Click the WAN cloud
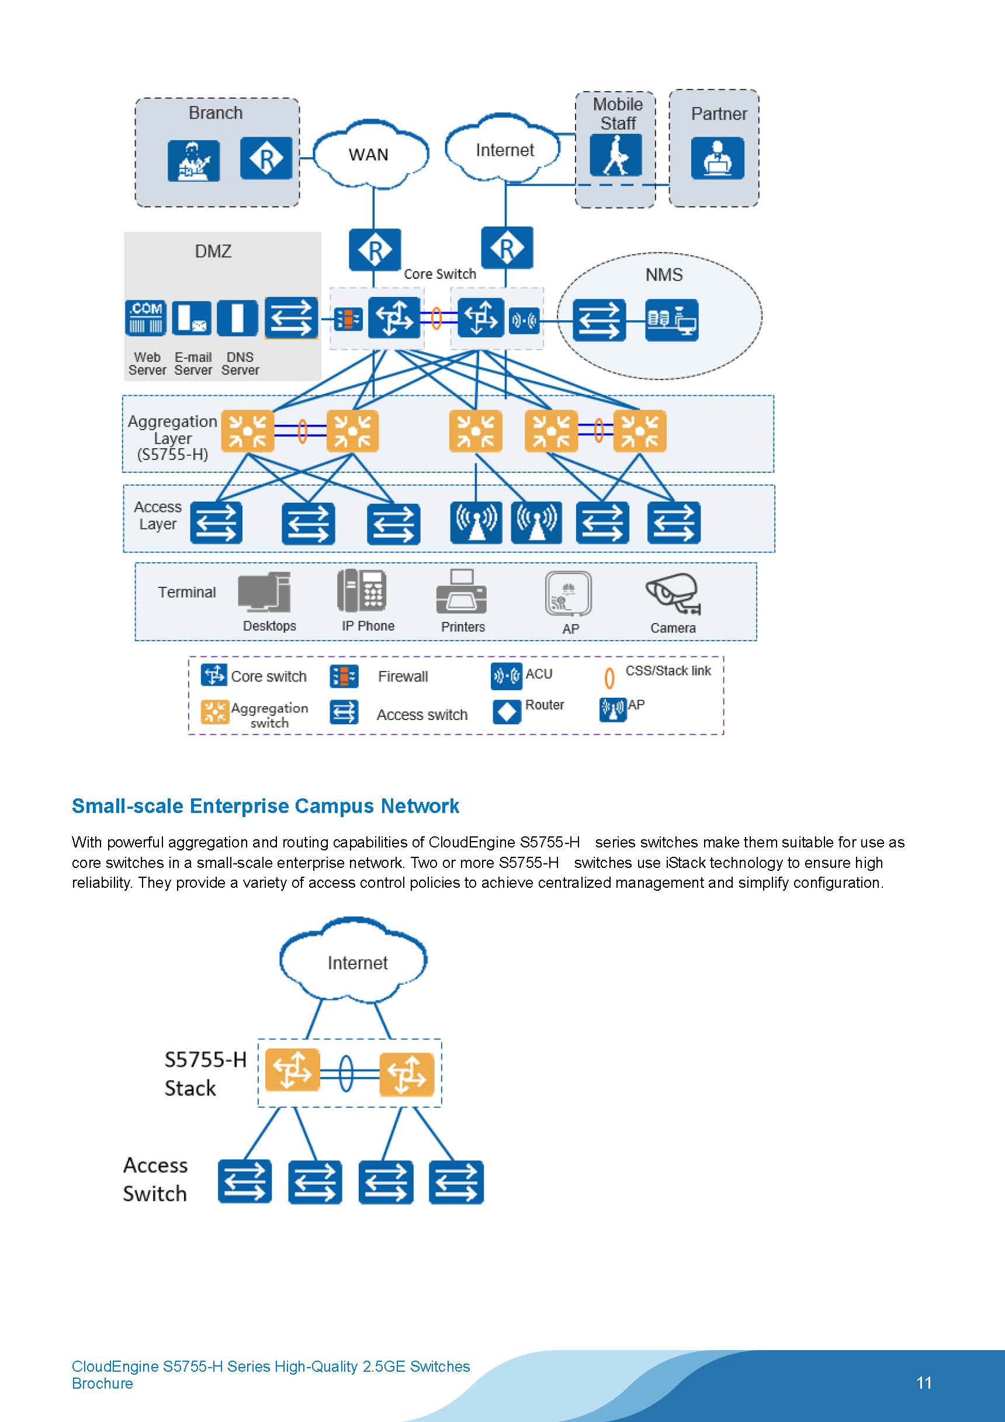tap(370, 154)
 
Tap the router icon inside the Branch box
tap(266, 158)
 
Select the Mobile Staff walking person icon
tap(615, 155)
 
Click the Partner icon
tap(717, 158)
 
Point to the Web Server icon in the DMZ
tap(145, 319)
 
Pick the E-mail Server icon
tap(191, 319)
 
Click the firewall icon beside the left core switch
tap(348, 319)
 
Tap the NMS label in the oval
tap(664, 274)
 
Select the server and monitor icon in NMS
tap(671, 320)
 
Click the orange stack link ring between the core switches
tap(436, 319)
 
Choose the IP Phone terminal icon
tap(362, 590)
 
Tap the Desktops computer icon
tap(265, 593)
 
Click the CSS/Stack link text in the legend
tap(667, 671)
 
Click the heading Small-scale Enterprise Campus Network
tap(265, 806)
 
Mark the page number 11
tap(923, 1382)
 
